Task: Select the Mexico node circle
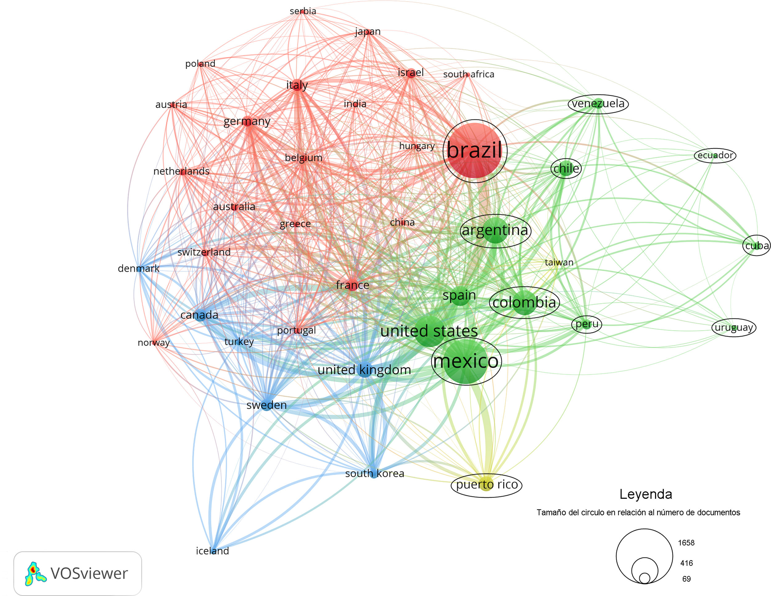tap(466, 362)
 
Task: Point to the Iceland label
tap(212, 551)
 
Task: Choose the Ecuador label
tap(715, 155)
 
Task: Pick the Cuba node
tap(757, 245)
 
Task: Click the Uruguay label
tap(734, 328)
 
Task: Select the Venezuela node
tap(598, 103)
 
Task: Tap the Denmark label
tap(138, 269)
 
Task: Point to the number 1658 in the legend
tap(686, 543)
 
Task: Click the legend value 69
tap(686, 579)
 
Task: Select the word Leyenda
tap(646, 494)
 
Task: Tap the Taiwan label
tap(559, 262)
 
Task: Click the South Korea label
tap(375, 473)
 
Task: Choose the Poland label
tap(200, 64)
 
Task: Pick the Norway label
tap(154, 343)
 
